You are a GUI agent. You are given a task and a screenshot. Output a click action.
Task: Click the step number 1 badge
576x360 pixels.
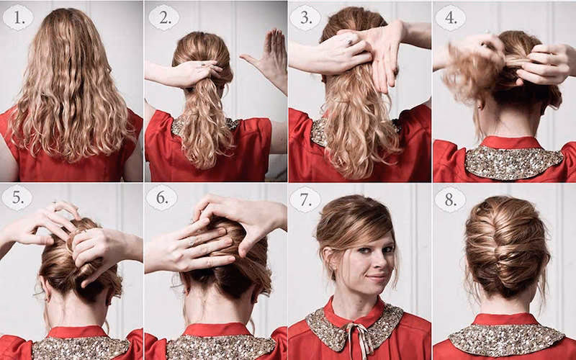(17, 17)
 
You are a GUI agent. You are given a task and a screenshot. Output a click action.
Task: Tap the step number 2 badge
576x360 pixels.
(164, 17)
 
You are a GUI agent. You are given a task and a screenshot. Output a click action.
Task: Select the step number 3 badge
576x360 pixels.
(305, 17)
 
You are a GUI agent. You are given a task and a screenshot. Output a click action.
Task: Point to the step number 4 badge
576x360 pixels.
(451, 17)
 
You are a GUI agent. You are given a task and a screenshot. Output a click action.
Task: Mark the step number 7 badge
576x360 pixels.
(305, 199)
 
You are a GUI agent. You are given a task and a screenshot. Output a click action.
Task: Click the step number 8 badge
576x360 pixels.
(450, 199)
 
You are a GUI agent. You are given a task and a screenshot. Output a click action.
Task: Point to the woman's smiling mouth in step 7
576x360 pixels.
(377, 277)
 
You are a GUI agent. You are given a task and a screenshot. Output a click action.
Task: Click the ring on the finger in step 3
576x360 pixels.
(350, 42)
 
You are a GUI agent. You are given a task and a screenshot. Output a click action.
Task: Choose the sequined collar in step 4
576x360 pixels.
(513, 161)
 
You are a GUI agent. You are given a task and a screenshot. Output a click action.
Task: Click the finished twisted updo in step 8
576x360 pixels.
(507, 246)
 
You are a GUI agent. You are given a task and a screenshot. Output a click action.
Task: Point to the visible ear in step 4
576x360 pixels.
(480, 104)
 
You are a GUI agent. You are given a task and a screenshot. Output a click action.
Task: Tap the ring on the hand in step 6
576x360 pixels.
(192, 243)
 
